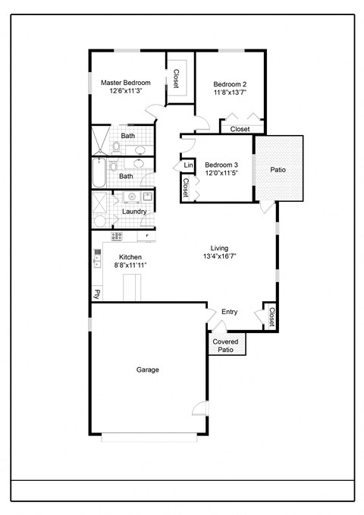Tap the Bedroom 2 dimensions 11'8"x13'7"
pos(229,92)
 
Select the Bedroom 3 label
pos(221,165)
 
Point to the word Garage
pos(147,369)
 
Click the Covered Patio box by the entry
pos(226,345)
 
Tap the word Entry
pos(230,312)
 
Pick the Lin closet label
pos(187,165)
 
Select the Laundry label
pos(134,212)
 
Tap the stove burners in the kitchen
pos(117,236)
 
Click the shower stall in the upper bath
pos(100,140)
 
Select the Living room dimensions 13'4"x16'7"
pos(219,257)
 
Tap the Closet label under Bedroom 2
pos(240,129)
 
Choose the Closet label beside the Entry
pos(271,316)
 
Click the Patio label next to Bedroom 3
pos(278,170)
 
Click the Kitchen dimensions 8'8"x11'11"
pos(130,265)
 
